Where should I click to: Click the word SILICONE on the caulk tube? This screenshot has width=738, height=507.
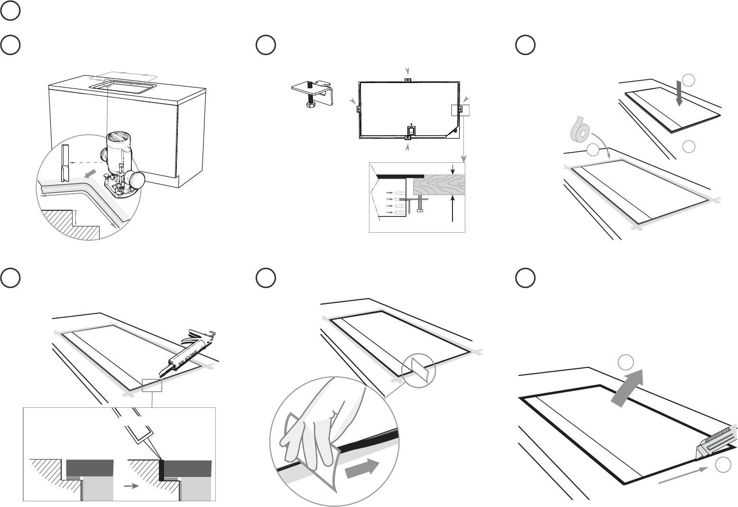tap(188, 357)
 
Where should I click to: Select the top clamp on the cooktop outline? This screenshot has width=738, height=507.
tap(407, 80)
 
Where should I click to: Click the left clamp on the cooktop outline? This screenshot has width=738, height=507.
tap(359, 109)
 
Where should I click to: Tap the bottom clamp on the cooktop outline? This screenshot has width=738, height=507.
tap(407, 138)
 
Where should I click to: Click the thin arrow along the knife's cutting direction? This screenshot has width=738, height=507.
tap(683, 475)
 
